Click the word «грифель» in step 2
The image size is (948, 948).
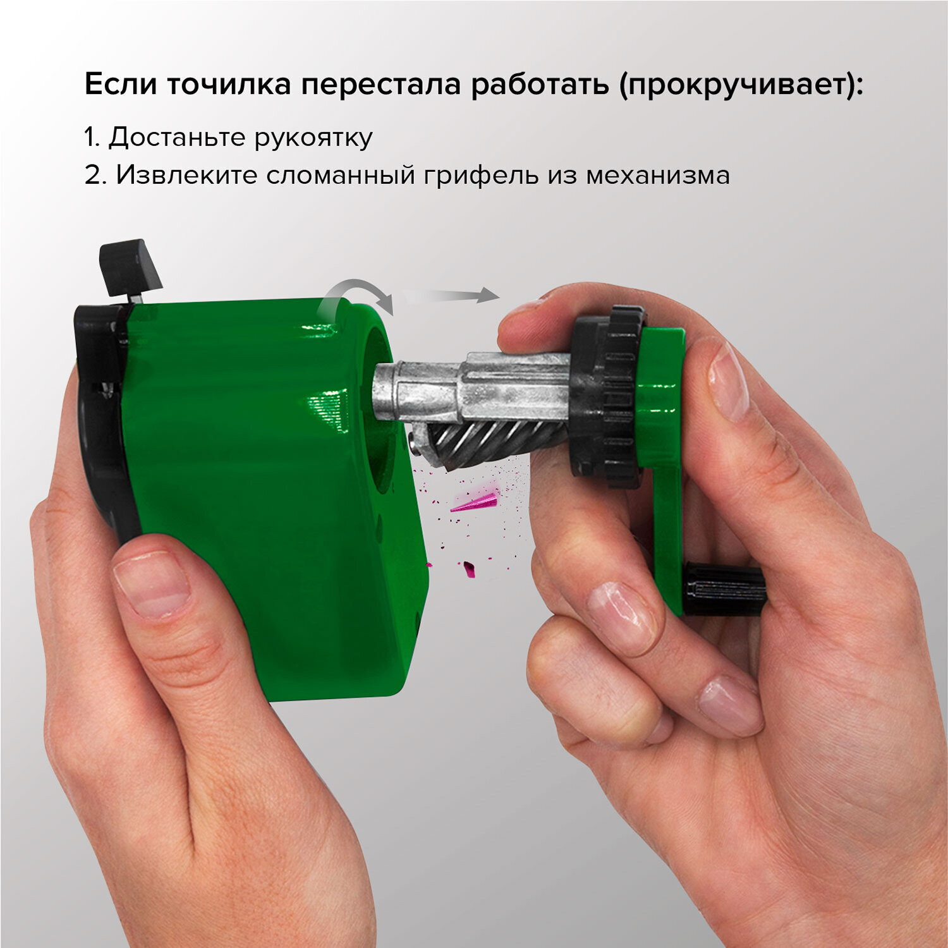pyautogui.click(x=482, y=176)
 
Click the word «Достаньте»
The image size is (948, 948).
pyautogui.click(x=177, y=137)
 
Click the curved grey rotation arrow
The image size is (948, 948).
pyautogui.click(x=356, y=297)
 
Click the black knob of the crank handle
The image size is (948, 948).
pyautogui.click(x=724, y=588)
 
